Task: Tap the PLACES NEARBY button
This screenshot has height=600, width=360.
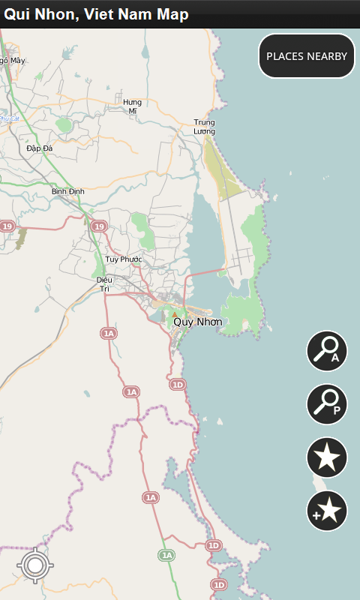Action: coord(307,56)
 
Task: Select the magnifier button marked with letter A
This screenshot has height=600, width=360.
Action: coord(327,351)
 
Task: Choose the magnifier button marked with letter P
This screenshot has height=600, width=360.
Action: coord(327,404)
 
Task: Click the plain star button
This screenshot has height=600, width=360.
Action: coord(327,457)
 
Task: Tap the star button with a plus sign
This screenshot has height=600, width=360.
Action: coord(327,511)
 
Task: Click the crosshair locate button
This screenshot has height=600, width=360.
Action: coord(34,565)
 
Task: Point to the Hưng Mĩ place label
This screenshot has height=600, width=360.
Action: coord(132,106)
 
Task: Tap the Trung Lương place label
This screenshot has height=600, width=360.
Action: coord(204,127)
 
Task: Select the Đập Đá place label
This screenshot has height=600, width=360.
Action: coord(39,148)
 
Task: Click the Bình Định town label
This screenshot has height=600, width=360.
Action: coord(68,191)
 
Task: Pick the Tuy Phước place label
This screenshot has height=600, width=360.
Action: coord(124,259)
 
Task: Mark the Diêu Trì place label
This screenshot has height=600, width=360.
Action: coord(103,283)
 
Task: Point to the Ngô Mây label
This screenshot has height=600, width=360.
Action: coord(12,60)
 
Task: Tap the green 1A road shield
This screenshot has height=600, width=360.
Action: coord(166,556)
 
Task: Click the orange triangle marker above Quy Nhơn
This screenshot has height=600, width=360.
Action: coord(175,314)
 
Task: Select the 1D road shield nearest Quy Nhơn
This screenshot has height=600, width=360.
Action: coord(177,385)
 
